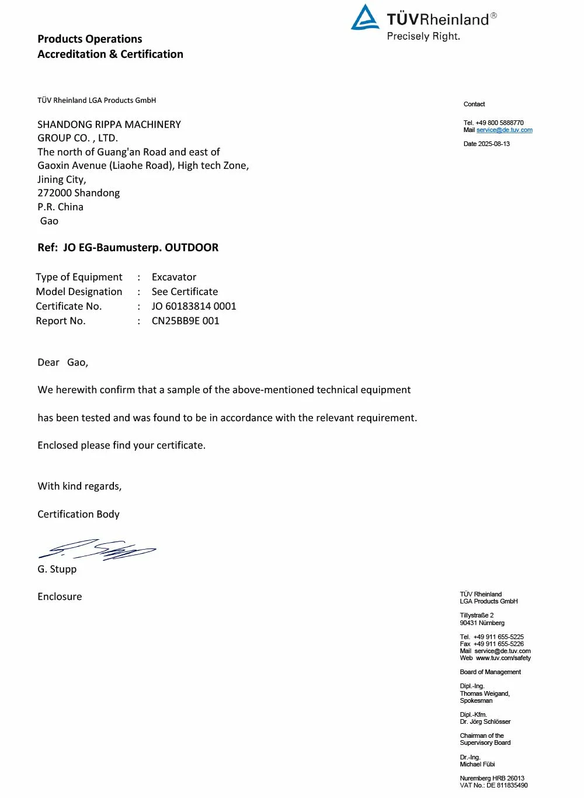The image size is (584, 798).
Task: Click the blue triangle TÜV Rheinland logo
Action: pos(365,18)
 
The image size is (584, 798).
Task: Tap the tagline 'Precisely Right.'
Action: pos(423,36)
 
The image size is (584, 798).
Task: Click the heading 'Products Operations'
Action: pos(90,39)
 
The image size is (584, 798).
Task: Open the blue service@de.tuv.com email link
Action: pos(505,130)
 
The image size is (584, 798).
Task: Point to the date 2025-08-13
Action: pos(494,144)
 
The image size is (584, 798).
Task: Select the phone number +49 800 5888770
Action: pos(499,123)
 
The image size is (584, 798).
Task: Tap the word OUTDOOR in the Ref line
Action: pos(192,248)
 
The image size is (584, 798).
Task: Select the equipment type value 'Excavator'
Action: pos(174,277)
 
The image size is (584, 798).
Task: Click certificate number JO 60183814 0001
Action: pos(194,306)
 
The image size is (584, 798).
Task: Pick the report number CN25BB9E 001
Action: pos(186,321)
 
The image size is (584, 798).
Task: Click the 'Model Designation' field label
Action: pos(79,292)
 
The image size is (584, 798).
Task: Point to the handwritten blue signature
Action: pos(98,549)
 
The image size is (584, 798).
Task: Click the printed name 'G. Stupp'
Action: pos(57,569)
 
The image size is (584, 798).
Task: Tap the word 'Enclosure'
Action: pos(60,596)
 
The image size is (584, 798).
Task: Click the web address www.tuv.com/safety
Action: pos(503,658)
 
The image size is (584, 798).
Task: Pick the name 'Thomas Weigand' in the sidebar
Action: pos(484,693)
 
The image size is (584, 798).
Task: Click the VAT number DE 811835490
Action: pos(507,785)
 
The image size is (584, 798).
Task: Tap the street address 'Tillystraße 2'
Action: pos(477,615)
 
